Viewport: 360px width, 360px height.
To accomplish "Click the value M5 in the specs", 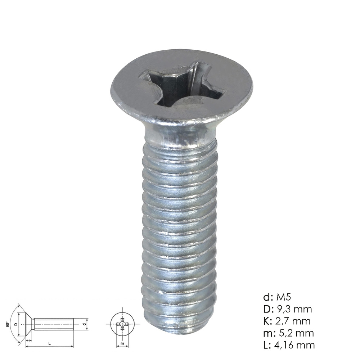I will pyautogui.click(x=283, y=297).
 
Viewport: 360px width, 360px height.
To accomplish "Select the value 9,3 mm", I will pyautogui.click(x=294, y=309).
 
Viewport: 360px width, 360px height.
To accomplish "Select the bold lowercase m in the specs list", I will pyautogui.click(x=267, y=333).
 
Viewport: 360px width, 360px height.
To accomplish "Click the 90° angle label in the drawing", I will pyautogui.click(x=8, y=324).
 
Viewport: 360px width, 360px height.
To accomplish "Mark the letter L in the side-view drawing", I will pyautogui.click(x=50, y=343).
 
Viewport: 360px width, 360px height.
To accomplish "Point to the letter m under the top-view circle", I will pyautogui.click(x=122, y=344).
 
